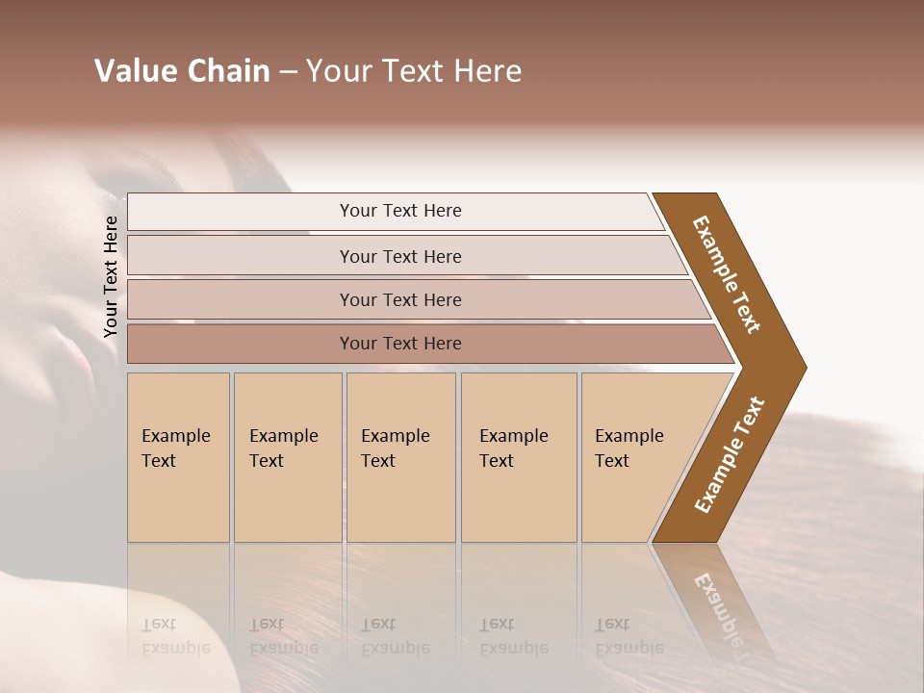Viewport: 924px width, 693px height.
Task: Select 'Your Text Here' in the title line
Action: pos(414,71)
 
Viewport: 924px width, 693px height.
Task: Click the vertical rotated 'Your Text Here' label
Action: pos(111,276)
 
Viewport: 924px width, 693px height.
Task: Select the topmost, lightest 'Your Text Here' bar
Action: pos(400,211)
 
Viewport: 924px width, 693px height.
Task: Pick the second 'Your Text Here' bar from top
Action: pos(400,256)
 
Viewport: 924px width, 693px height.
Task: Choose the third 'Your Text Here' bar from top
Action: pos(400,299)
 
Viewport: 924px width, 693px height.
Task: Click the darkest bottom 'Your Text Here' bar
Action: pos(400,344)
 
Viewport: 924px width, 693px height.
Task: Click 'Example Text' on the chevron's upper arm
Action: pos(727,274)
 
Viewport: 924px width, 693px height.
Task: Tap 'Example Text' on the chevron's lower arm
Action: pos(729,455)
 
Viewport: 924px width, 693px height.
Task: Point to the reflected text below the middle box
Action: pos(395,636)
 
